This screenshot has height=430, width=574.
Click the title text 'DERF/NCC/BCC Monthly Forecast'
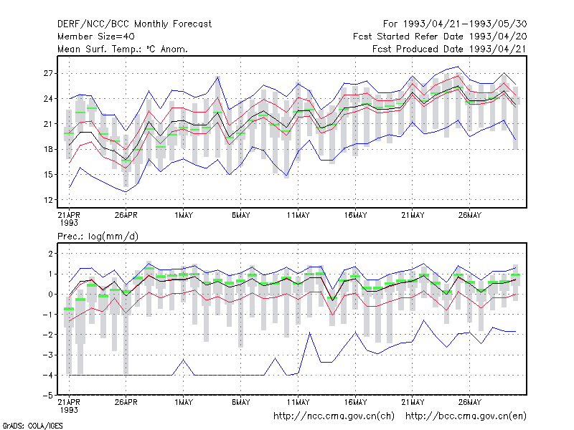134,24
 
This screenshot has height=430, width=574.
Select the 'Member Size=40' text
96,37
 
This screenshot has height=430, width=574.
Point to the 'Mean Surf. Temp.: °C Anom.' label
123,49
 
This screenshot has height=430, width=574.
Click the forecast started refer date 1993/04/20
497,37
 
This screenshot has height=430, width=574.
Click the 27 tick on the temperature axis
48,74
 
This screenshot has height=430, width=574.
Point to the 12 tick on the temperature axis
48,200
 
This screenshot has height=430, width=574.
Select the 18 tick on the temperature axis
48,149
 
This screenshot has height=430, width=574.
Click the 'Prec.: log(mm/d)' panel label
98,236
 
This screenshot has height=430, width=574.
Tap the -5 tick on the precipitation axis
48,396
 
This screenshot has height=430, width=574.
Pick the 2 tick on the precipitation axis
50,254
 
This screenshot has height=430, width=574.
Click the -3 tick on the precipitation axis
48,355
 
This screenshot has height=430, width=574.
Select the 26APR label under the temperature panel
126,215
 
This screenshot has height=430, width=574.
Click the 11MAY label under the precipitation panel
298,402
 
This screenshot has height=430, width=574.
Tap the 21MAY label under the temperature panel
413,215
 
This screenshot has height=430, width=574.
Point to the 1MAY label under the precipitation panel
184,402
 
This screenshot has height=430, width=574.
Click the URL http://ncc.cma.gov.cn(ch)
334,416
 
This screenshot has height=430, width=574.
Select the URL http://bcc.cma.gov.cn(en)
466,416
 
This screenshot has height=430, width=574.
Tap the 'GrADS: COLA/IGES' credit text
32,426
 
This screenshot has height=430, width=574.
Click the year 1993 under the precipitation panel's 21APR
69,410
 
